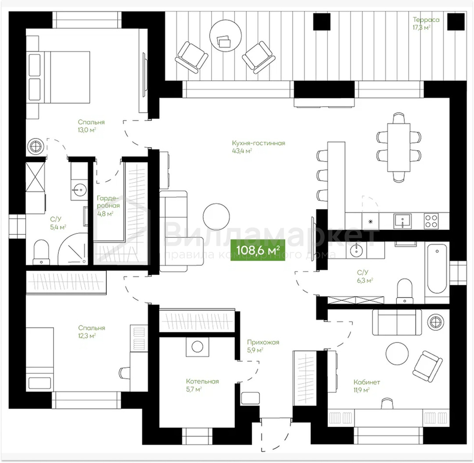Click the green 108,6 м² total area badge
(258, 250)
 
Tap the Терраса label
(426, 20)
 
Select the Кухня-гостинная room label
(259, 143)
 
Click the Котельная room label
(202, 381)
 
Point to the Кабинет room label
(366, 382)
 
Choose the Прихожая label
(263, 342)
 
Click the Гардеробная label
(108, 202)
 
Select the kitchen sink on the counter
(402, 221)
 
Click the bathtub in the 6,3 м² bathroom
(436, 269)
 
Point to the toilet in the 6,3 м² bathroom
(405, 291)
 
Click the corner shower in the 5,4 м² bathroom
(72, 249)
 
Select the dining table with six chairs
(399, 147)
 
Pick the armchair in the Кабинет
(427, 363)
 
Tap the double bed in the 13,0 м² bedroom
(59, 77)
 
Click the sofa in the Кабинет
(397, 322)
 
